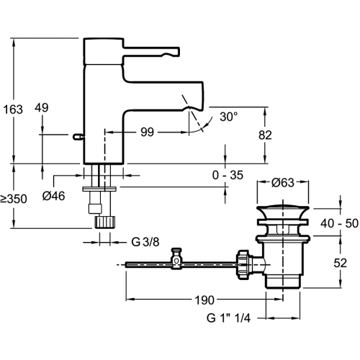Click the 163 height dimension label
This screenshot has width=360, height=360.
tap(13, 109)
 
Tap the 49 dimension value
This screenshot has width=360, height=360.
tap(42, 108)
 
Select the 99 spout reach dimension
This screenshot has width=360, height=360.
tap(147, 132)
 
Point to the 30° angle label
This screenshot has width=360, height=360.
tap(229, 117)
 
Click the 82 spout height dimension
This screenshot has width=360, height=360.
tap(265, 135)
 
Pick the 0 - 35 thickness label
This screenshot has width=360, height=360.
tap(228, 175)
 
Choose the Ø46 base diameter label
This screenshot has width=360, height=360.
tap(53, 197)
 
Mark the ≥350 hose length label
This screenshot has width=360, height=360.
tap(14, 199)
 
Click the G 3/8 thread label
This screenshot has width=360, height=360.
tap(145, 242)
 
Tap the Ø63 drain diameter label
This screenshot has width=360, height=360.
tap(283, 183)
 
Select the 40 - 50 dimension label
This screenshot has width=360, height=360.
tap(339, 223)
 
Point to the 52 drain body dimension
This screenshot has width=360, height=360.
tap(341, 264)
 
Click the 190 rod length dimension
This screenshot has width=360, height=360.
tap(204, 300)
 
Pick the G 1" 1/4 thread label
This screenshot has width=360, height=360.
tap(228, 318)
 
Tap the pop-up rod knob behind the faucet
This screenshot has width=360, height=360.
tap(78, 137)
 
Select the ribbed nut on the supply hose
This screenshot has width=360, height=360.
tap(105, 222)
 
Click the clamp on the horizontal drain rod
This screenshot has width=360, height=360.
tap(176, 259)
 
